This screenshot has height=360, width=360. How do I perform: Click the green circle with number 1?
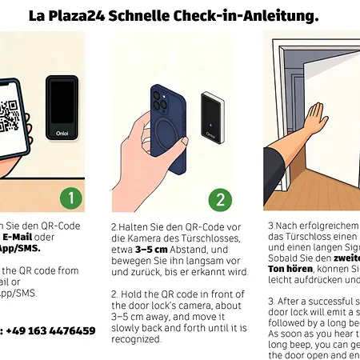pyautogui.click(x=71, y=198)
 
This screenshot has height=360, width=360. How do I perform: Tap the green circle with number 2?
pyautogui.click(x=221, y=198)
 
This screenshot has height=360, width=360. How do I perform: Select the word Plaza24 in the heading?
pyautogui.click(x=80, y=15)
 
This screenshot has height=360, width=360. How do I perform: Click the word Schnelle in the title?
pyautogui.click(x=147, y=15)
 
